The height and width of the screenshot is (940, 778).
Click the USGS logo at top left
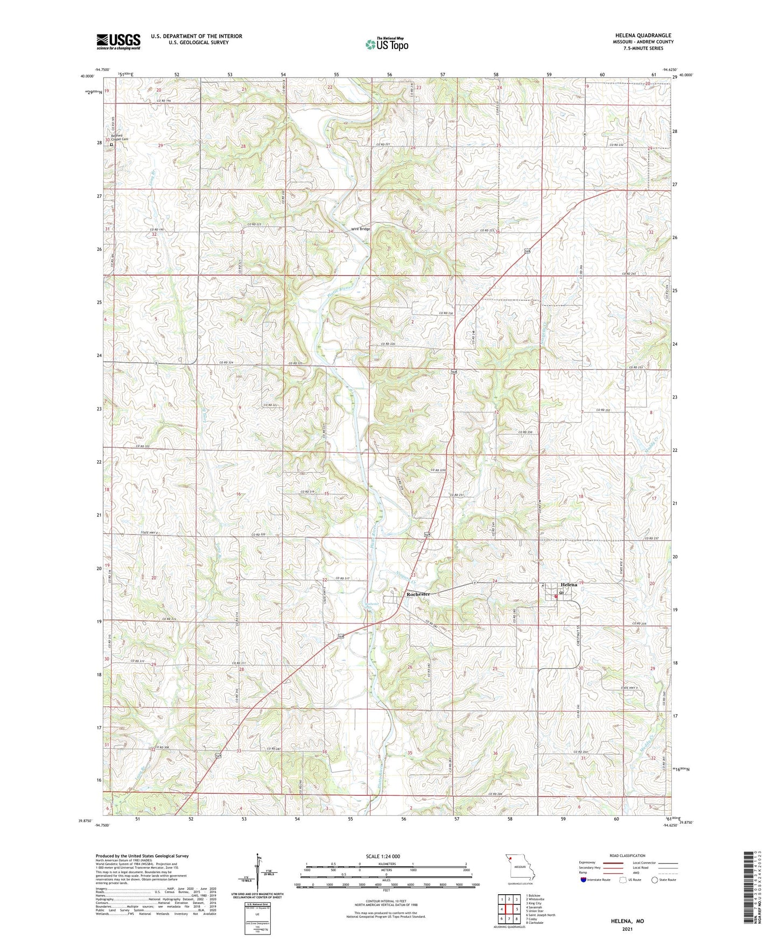tap(118, 41)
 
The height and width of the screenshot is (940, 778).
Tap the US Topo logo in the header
tap(387, 44)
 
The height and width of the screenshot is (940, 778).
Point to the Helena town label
tap(569, 585)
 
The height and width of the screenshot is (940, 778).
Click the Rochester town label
tap(418, 594)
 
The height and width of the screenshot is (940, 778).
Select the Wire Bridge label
tap(361, 229)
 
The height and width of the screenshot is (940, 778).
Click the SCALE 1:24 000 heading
tap(383, 856)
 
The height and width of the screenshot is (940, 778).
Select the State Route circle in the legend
tap(655, 880)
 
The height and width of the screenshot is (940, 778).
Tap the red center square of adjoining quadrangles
tap(509, 909)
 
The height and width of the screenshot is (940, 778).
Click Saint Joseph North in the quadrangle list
tap(541, 915)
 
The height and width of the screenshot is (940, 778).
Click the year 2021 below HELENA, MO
tap(627, 929)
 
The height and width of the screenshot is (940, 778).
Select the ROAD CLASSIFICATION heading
tap(627, 855)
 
